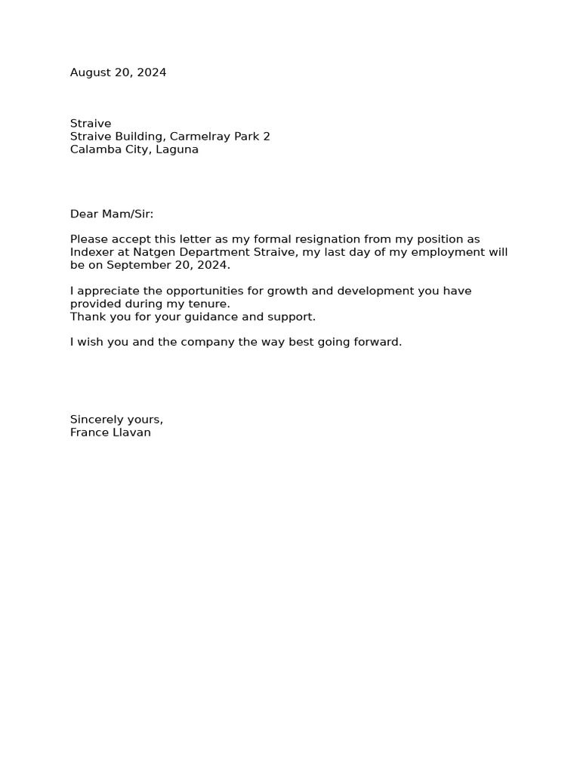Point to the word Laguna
177,149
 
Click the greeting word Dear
84,214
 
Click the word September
137,266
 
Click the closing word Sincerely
97,420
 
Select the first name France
88,433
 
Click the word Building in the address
140,137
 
